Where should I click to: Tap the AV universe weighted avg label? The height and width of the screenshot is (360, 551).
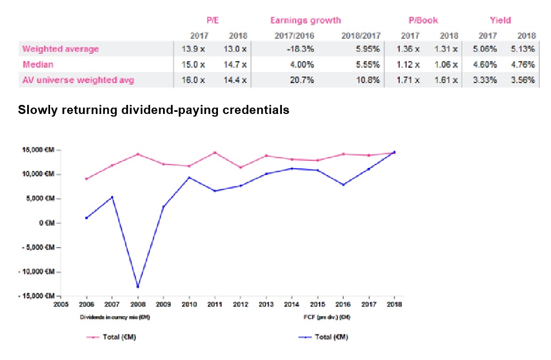click(x=78, y=80)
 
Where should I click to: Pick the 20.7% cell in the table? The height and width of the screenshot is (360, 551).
click(x=303, y=80)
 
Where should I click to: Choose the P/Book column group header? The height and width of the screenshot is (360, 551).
click(x=423, y=20)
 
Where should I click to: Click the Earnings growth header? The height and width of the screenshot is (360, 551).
click(x=305, y=20)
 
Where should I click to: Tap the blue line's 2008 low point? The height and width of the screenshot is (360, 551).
click(x=138, y=287)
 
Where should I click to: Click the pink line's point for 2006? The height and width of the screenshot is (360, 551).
click(x=86, y=179)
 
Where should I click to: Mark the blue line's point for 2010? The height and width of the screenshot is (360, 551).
click(x=189, y=177)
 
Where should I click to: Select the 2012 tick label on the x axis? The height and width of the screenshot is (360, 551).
click(x=240, y=306)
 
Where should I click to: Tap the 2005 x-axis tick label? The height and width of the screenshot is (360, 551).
click(x=61, y=306)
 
